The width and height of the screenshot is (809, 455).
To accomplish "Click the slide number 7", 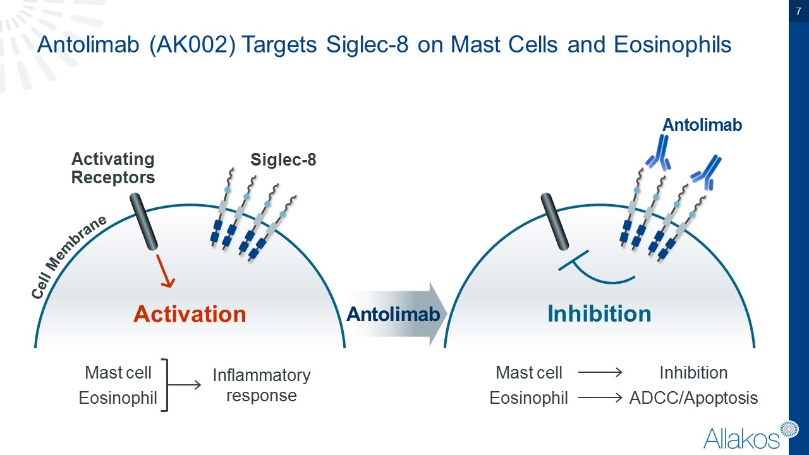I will (x=798, y=12).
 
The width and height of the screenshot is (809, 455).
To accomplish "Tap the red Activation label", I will (x=190, y=314).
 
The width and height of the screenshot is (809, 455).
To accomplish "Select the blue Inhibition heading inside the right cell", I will (x=599, y=313).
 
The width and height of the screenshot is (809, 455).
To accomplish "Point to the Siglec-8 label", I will (x=283, y=160).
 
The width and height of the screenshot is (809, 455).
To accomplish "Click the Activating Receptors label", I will (x=113, y=168).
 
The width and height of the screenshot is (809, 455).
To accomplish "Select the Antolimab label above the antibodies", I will (x=702, y=125).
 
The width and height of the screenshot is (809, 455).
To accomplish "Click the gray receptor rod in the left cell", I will (x=144, y=222).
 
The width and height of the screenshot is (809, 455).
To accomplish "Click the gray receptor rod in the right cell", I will (x=555, y=222).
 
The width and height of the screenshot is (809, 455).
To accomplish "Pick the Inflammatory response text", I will (x=262, y=385).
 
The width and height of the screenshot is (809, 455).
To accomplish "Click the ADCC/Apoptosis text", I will (x=693, y=398).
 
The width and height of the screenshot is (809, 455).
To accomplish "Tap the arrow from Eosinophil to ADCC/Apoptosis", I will (x=600, y=398).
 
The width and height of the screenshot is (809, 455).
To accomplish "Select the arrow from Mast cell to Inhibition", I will (x=600, y=373).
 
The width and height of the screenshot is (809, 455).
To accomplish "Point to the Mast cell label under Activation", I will (x=118, y=373).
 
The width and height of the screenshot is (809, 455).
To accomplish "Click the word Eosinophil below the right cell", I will (x=529, y=398).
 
